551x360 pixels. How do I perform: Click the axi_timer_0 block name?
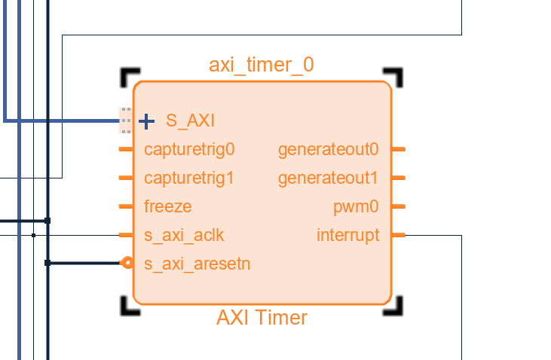261,66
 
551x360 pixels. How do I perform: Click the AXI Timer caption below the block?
262,318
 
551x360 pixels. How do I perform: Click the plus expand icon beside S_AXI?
147,121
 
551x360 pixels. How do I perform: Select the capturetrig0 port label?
189,149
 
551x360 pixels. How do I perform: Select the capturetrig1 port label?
189,178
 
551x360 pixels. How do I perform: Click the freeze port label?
167,206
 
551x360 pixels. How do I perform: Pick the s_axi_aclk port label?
184,235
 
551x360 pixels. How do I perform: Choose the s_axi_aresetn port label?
197,264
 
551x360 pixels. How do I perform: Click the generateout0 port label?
328,149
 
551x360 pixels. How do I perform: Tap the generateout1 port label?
328,178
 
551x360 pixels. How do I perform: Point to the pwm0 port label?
356,206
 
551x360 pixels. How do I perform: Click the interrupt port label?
347,235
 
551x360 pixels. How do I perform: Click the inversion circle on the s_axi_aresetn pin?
127,263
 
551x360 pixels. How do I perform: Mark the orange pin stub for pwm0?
399,206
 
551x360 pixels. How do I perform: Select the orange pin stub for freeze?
126,206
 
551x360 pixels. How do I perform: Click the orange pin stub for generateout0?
399,149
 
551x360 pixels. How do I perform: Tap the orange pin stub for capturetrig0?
126,149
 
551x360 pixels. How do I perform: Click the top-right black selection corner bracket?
396,75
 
